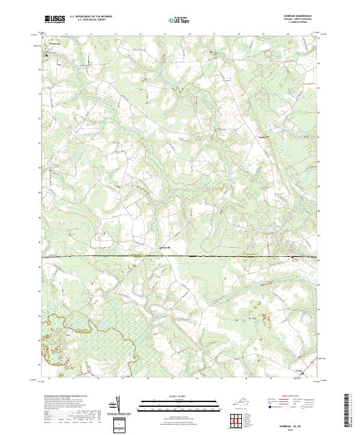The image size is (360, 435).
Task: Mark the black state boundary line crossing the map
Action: coord(180,256)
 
